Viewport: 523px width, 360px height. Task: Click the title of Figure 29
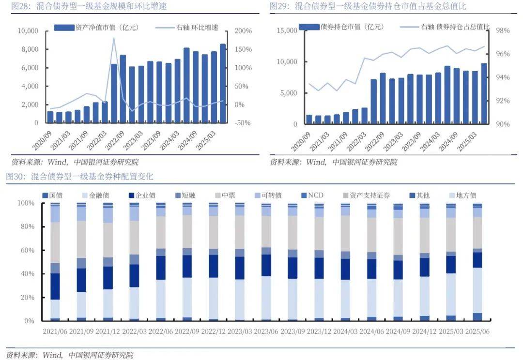click(x=368, y=6)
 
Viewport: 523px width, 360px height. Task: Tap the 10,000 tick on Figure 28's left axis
click(x=28, y=31)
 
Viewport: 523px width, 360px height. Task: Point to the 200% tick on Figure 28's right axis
click(x=243, y=31)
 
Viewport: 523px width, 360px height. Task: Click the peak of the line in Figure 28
click(x=114, y=38)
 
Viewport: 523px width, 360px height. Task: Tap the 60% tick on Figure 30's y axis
click(x=27, y=250)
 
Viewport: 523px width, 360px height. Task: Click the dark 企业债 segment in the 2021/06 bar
click(x=55, y=286)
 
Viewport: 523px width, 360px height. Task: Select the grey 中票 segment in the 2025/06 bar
click(x=477, y=232)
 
